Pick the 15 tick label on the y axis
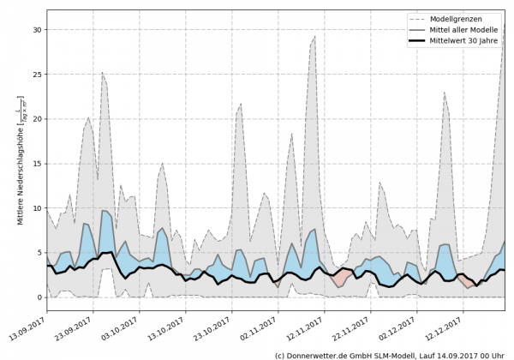click(37, 163)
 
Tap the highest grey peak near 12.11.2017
click(314, 37)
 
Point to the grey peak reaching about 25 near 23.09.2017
click(103, 73)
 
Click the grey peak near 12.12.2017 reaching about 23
click(445, 93)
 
